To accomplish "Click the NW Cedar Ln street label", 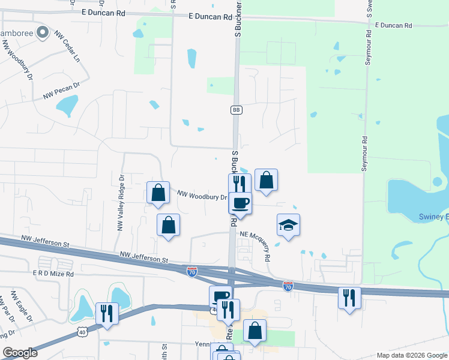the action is tap(68, 47).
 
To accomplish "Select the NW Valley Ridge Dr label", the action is tap(120, 203).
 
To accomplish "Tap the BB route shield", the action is tap(236, 110).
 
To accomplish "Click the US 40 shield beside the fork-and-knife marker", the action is tap(83, 331).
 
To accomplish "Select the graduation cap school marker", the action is tap(288, 226).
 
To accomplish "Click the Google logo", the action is tap(20, 353).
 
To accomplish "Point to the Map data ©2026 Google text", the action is tap(411, 355).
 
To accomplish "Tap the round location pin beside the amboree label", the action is tap(43, 32).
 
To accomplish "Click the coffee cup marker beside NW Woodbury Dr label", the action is tap(241, 202).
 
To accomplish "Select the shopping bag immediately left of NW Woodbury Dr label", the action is tap(158, 193).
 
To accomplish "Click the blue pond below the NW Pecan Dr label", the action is tap(67, 106).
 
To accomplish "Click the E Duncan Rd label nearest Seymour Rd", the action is tap(394, 26).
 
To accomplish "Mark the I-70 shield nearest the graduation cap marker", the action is tap(288, 287).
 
